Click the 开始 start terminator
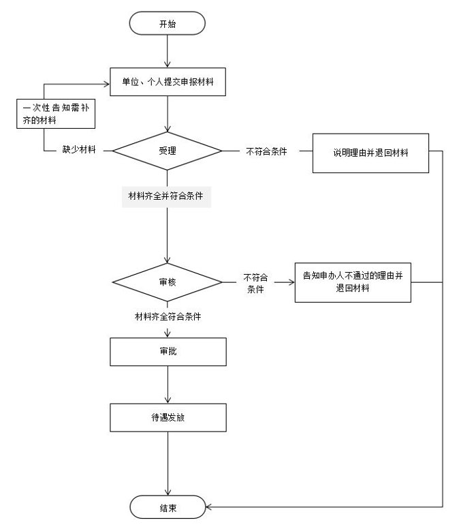[x=167, y=23]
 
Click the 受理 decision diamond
[x=167, y=151]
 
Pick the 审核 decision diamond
[x=167, y=282]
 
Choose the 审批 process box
[x=168, y=352]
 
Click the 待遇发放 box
[x=168, y=417]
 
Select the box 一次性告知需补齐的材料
[x=56, y=114]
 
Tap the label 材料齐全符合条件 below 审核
[x=168, y=316]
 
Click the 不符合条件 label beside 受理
[x=266, y=151]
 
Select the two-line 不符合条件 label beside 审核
[x=255, y=283]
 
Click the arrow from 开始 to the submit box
[x=167, y=51]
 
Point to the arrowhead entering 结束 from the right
[x=208, y=507]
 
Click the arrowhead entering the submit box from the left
[x=107, y=85]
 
